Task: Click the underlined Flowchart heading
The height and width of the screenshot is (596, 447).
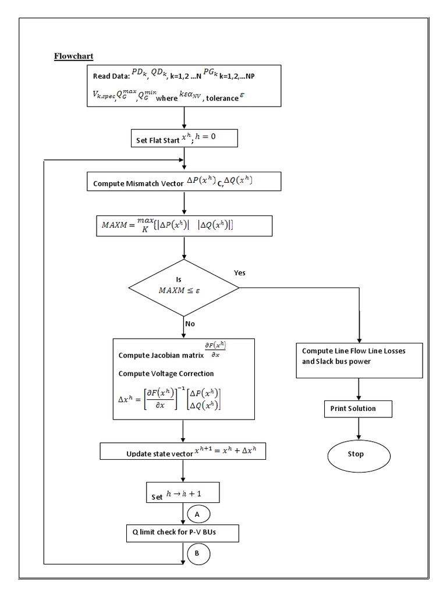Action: tap(74, 56)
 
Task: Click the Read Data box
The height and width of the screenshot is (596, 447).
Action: tap(184, 86)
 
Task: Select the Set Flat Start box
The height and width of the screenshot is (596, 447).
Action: tap(184, 139)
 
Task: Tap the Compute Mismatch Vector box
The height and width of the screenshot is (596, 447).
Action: tap(184, 182)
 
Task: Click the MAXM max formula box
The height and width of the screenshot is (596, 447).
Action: tap(184, 226)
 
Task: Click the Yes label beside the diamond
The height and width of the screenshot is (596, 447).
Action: tap(239, 272)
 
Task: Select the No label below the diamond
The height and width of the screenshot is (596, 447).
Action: tap(190, 322)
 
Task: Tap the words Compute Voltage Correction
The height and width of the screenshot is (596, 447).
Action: tap(166, 374)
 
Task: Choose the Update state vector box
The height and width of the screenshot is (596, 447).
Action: tap(183, 452)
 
